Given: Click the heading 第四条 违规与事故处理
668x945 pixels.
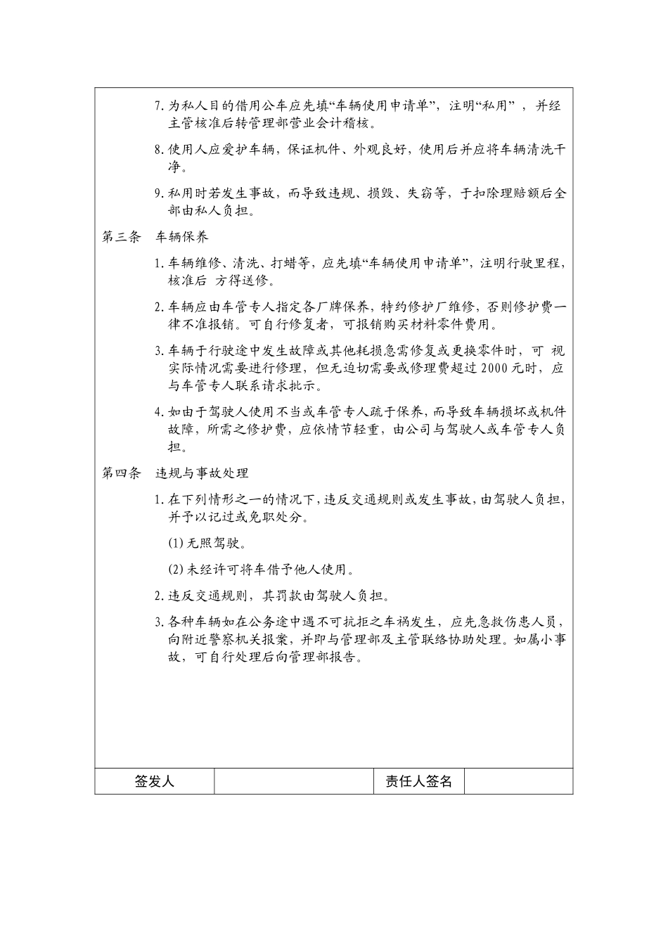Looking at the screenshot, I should coord(175,473).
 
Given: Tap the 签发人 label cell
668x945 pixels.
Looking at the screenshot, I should coord(154,781).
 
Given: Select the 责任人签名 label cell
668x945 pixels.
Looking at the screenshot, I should coord(418,781).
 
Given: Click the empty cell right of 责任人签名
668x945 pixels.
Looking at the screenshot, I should coord(518,781).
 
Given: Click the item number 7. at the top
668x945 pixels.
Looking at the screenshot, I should coord(160,107).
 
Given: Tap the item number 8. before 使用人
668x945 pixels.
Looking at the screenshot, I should coord(160,150).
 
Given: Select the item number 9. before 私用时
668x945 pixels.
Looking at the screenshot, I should coord(160,193).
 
